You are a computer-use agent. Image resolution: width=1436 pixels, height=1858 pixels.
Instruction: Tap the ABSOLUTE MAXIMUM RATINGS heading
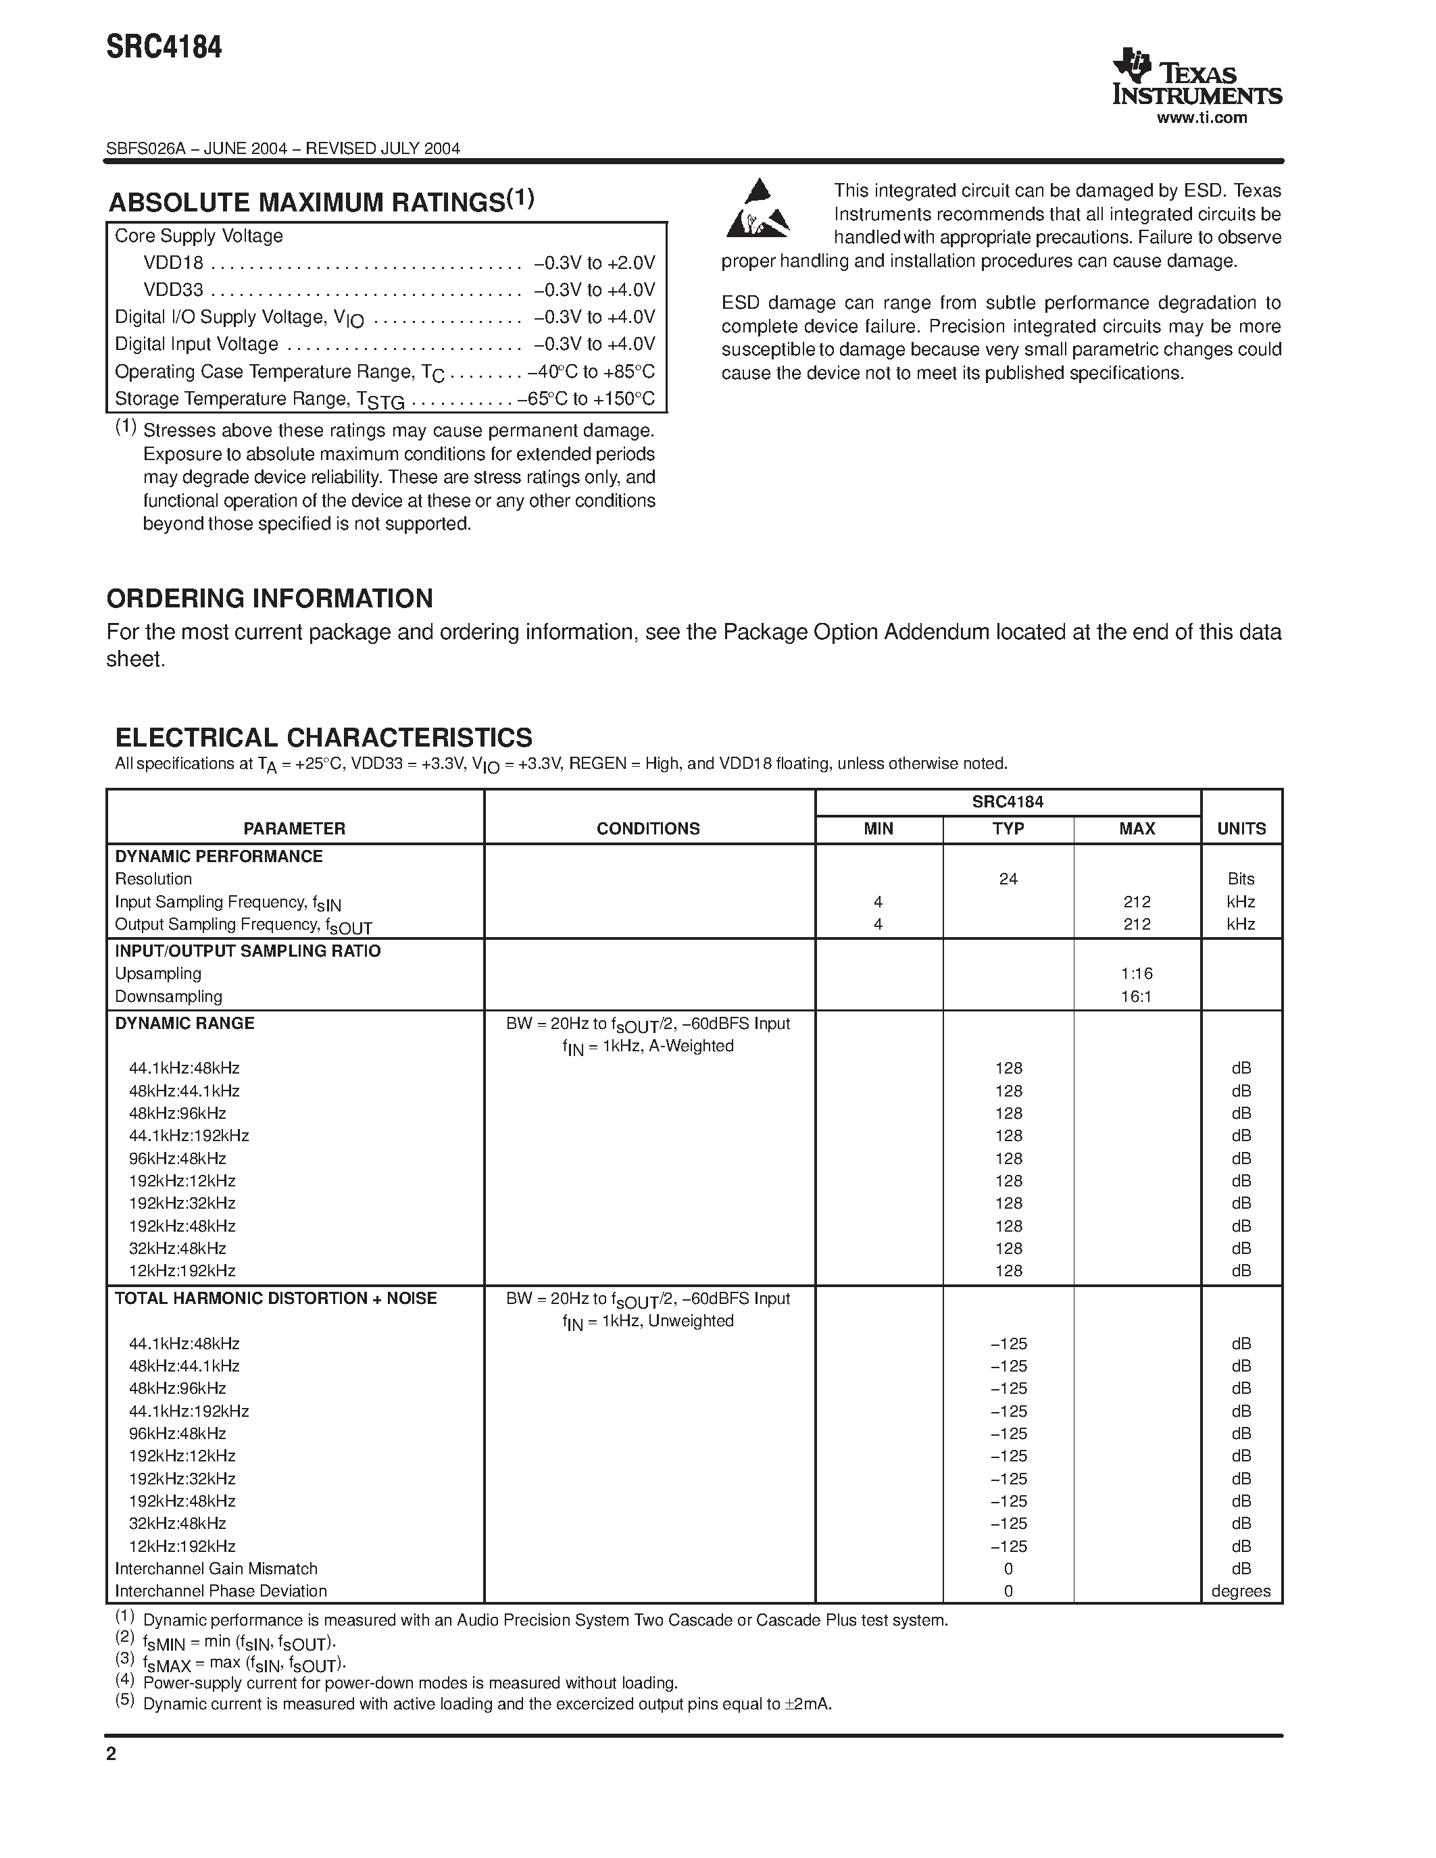click(321, 203)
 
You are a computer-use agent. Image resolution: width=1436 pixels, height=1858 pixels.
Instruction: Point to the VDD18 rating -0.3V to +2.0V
click(594, 263)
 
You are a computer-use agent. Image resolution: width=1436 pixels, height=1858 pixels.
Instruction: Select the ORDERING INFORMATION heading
click(270, 598)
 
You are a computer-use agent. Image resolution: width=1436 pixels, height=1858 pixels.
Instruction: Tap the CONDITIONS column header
click(647, 828)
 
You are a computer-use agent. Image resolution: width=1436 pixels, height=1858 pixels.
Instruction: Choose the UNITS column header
click(1241, 828)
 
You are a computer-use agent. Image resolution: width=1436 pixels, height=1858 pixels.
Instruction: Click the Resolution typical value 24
click(1008, 879)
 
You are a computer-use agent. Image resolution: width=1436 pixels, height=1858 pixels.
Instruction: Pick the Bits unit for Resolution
click(1241, 879)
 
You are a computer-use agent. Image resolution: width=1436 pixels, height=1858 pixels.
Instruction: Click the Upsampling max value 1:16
click(1137, 973)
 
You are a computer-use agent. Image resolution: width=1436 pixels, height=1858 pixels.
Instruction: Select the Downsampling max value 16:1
click(1137, 996)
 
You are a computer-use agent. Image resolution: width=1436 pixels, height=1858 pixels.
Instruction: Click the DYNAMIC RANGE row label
click(184, 1024)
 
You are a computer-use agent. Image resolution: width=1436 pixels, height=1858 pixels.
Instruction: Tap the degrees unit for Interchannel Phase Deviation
click(1241, 1591)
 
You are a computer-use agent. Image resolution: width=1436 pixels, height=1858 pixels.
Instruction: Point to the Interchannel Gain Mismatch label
click(216, 1569)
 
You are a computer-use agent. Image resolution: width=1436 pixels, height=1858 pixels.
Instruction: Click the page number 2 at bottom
click(111, 1753)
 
